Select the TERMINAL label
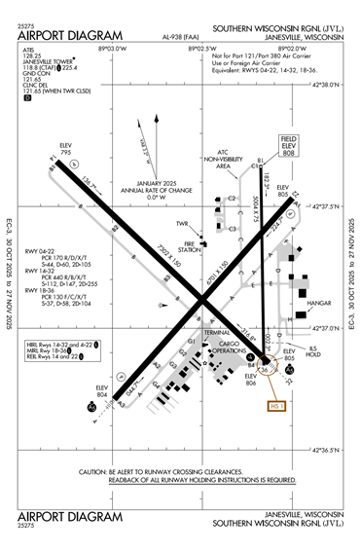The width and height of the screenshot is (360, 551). pos(216,332)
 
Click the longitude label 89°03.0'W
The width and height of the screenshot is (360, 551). pos(111,46)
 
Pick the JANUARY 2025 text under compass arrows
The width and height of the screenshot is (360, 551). pos(152,184)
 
